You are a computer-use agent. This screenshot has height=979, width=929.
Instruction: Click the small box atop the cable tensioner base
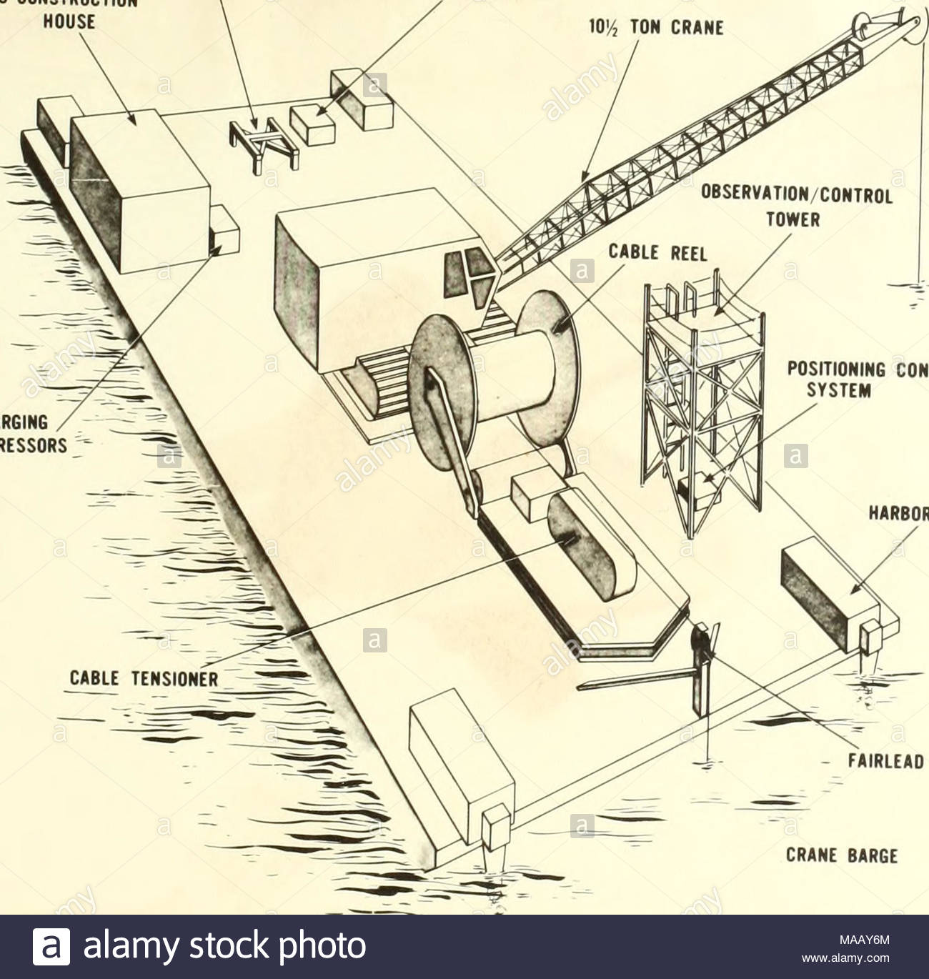[x=531, y=497]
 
